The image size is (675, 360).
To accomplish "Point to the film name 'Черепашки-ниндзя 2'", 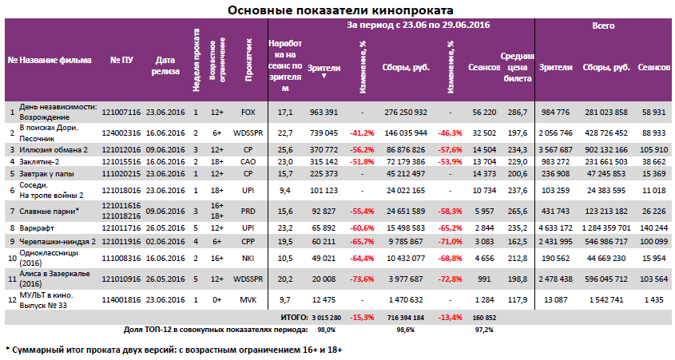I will pos(58,239).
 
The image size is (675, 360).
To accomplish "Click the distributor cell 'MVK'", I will pos(248,300).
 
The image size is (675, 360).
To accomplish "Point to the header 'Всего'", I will pos(603,26).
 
